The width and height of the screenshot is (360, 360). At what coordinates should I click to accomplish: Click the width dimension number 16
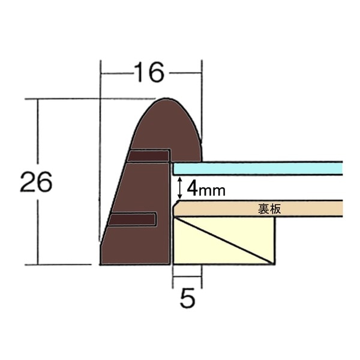(x=148, y=73)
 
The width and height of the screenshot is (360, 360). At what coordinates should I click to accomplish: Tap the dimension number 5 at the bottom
(x=188, y=298)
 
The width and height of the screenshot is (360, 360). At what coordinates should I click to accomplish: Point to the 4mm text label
(x=205, y=190)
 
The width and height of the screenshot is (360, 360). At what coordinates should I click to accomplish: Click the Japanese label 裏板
(x=269, y=209)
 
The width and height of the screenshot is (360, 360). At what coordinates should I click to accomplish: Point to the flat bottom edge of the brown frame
(x=135, y=265)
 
